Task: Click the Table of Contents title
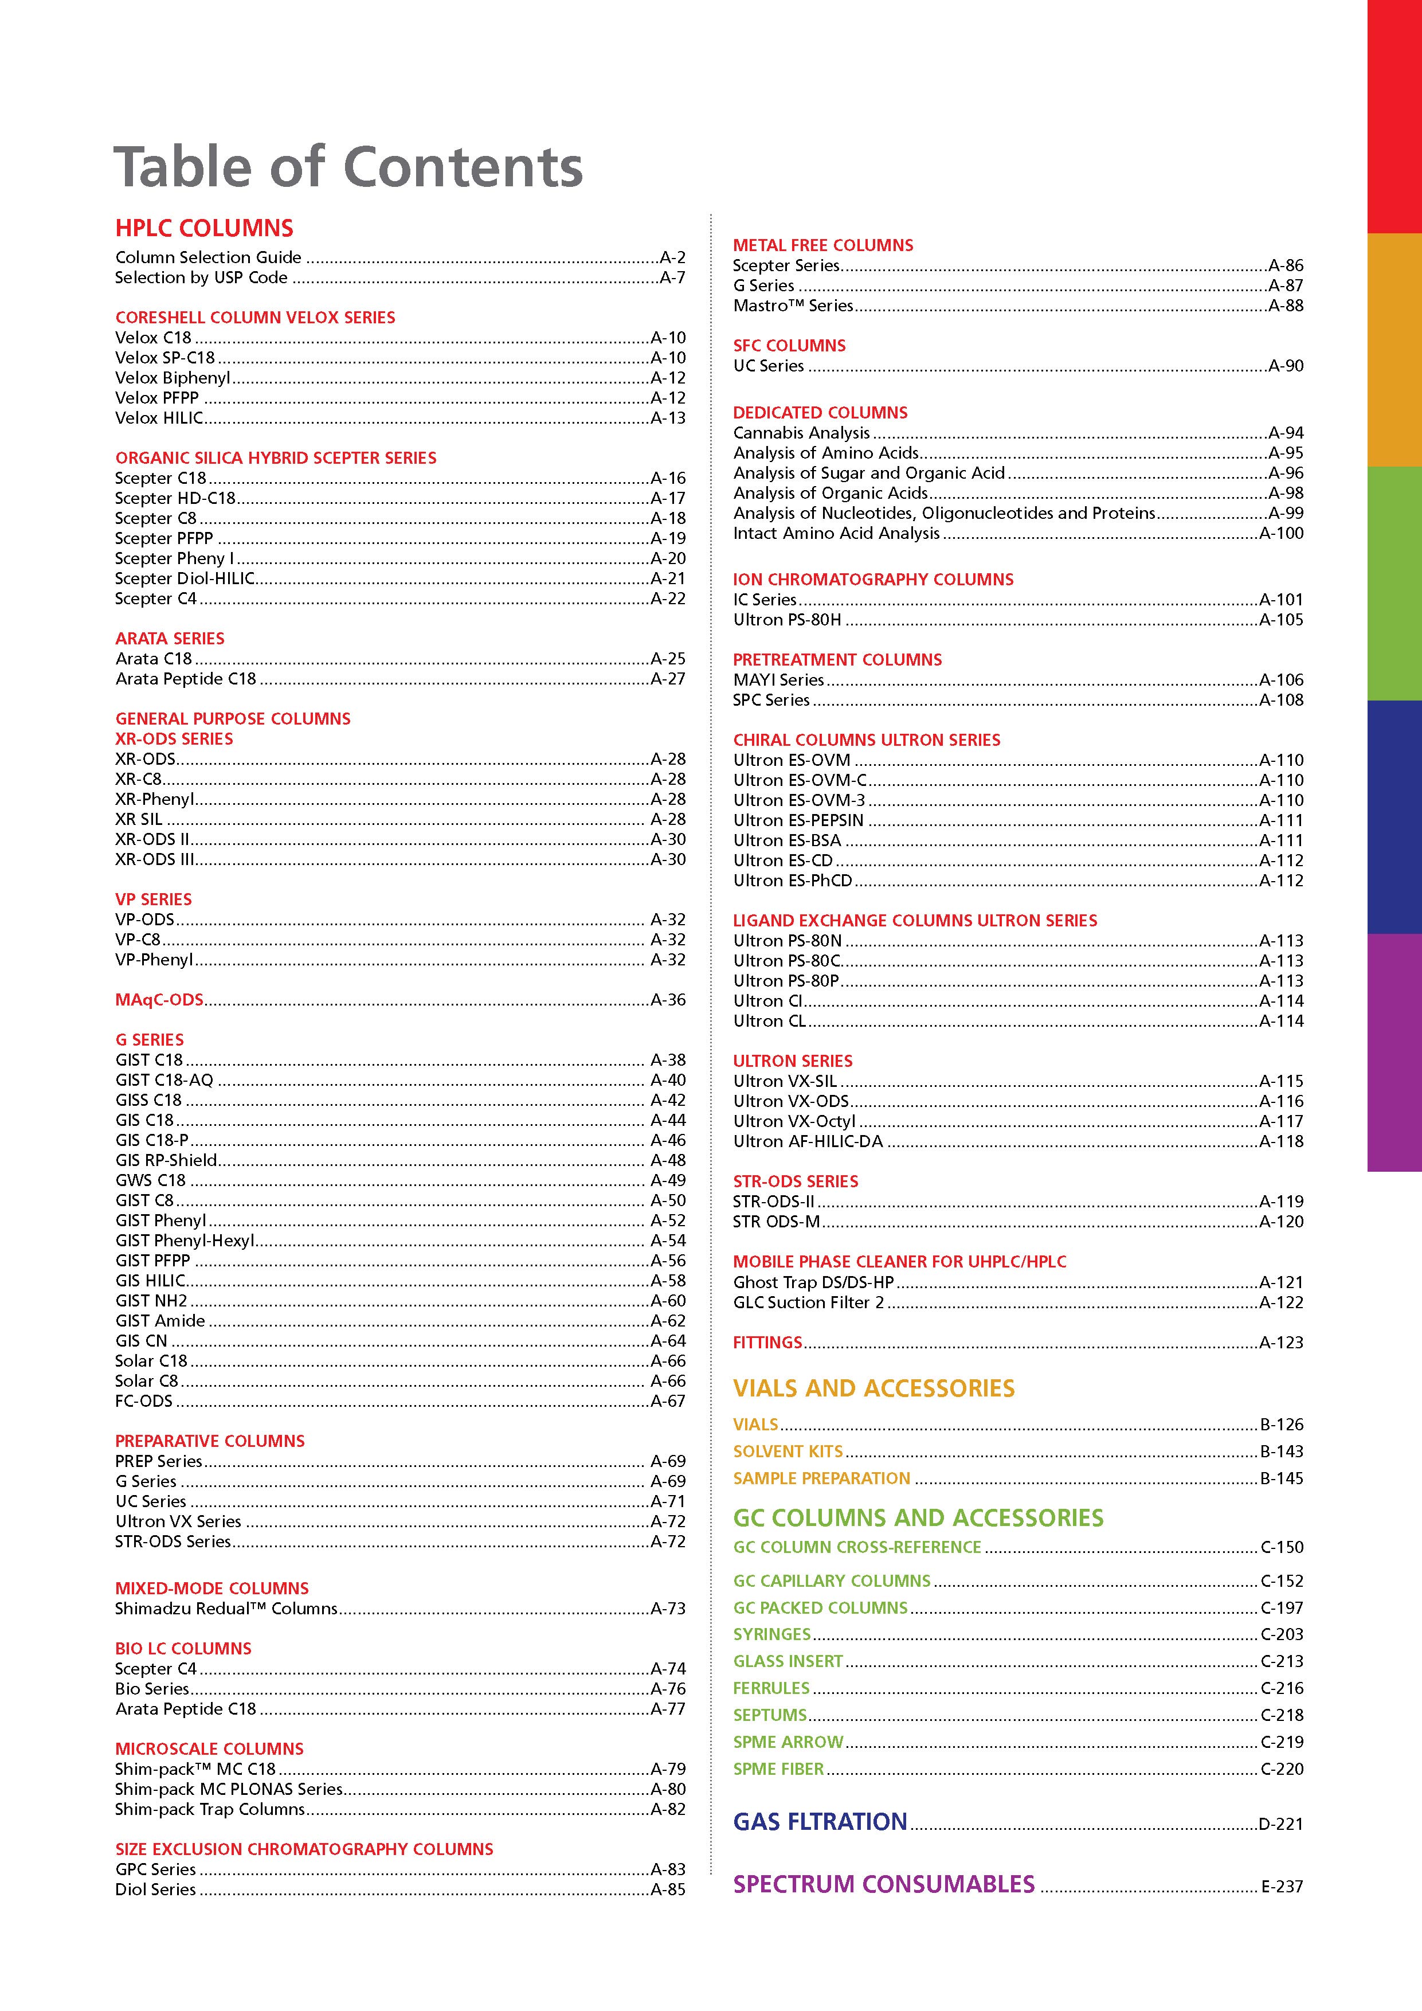tap(348, 167)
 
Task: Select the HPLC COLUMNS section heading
tap(204, 229)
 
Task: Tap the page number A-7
tap(672, 277)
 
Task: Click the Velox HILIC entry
tap(159, 418)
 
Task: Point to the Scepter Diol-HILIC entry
tap(185, 578)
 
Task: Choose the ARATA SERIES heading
tap(170, 639)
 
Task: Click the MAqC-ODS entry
tap(159, 999)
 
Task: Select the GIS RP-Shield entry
tap(166, 1160)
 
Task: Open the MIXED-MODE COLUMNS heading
tap(212, 1588)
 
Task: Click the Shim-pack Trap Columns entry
tap(210, 1809)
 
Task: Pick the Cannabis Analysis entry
tap(801, 433)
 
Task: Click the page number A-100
tap(1280, 533)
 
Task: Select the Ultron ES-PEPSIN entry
tap(798, 820)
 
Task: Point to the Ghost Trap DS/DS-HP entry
tap(813, 1281)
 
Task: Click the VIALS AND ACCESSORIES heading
tap(873, 1388)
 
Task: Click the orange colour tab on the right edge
tap(1394, 350)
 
